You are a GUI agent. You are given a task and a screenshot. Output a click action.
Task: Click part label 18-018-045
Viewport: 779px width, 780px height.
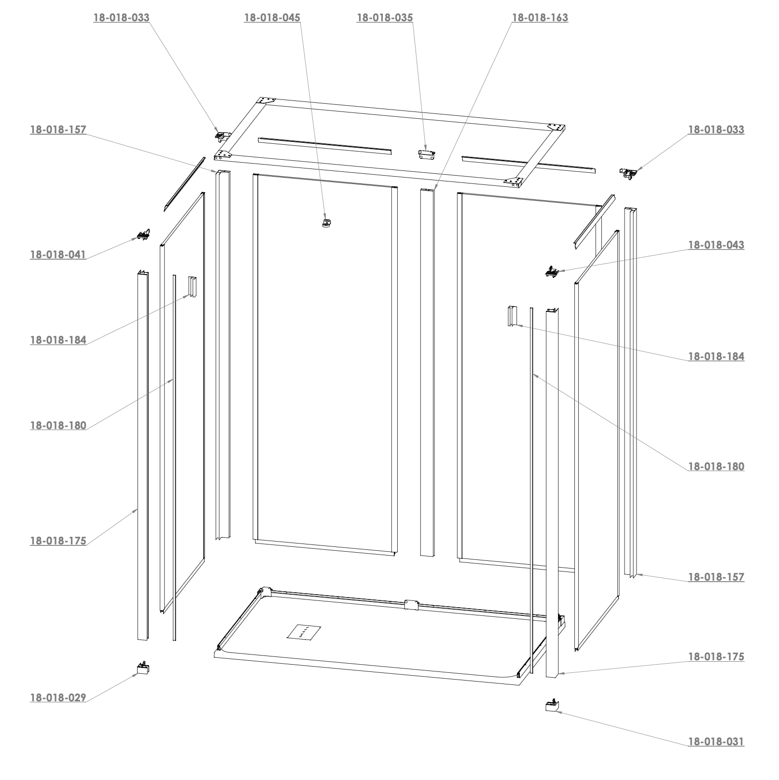click(272, 18)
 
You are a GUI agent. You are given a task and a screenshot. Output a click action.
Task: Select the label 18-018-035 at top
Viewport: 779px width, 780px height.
click(385, 18)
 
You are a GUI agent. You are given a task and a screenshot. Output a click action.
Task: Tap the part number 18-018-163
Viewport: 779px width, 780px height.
click(540, 18)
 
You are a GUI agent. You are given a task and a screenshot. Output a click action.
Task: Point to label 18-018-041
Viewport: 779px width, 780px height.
click(58, 254)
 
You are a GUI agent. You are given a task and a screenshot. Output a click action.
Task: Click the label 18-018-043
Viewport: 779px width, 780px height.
click(716, 245)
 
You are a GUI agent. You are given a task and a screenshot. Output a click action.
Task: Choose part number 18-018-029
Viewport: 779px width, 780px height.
click(58, 697)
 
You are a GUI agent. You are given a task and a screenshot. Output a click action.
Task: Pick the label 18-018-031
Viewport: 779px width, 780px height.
click(716, 741)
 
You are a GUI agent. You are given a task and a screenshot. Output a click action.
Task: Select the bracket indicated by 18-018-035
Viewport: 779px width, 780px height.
click(427, 153)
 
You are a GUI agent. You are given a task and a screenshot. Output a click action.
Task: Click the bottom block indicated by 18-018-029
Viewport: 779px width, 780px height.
click(143, 668)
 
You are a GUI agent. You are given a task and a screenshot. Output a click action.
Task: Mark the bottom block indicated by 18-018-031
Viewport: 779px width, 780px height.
click(552, 705)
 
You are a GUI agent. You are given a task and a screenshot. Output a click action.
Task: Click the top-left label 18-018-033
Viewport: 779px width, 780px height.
click(121, 18)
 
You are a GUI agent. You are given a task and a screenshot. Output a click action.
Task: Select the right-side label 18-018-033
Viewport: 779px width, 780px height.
click(716, 129)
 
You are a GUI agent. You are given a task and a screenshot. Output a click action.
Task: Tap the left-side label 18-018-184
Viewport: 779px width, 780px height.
click(58, 340)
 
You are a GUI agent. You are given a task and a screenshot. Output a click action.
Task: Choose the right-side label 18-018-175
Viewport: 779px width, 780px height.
click(716, 656)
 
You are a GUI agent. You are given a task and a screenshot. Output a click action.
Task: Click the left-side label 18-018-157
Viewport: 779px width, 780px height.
click(58, 129)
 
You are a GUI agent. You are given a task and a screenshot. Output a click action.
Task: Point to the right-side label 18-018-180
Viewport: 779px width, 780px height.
click(716, 466)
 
